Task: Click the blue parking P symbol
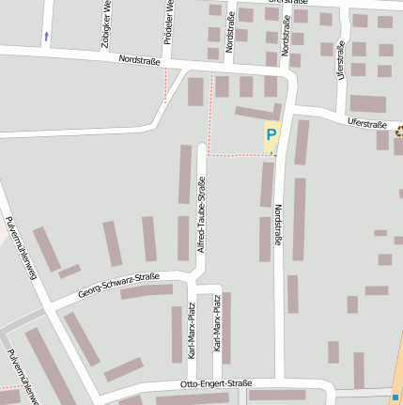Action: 271,135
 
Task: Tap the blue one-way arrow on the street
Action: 46,37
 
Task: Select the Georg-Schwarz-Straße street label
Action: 118,283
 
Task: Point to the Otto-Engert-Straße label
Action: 216,384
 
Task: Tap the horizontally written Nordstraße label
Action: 140,60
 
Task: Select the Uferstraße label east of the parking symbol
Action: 366,123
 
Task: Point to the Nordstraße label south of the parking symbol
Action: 277,228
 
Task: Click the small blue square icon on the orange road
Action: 395,397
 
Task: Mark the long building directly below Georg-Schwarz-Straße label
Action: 147,292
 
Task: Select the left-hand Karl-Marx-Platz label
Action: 192,331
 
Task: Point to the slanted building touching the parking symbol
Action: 257,113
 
